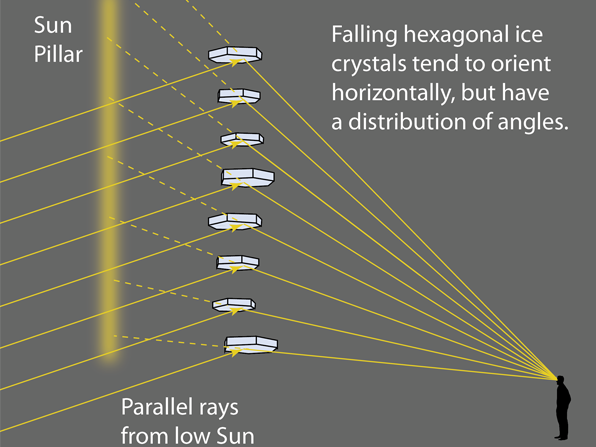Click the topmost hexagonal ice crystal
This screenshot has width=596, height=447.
[235, 54]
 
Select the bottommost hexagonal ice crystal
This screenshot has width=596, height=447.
[251, 344]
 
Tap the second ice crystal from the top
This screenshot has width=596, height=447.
[239, 96]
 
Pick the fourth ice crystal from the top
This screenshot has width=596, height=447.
[248, 178]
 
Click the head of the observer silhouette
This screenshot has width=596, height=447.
[561, 379]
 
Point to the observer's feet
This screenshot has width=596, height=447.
[562, 436]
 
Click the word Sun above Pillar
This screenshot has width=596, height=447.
[53, 25]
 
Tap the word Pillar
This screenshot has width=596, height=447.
[58, 54]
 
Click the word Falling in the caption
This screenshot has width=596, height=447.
[364, 35]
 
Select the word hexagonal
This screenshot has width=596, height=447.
[454, 35]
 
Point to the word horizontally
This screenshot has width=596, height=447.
[393, 92]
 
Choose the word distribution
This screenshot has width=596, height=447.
[407, 122]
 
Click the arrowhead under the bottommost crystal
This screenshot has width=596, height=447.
[236, 352]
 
